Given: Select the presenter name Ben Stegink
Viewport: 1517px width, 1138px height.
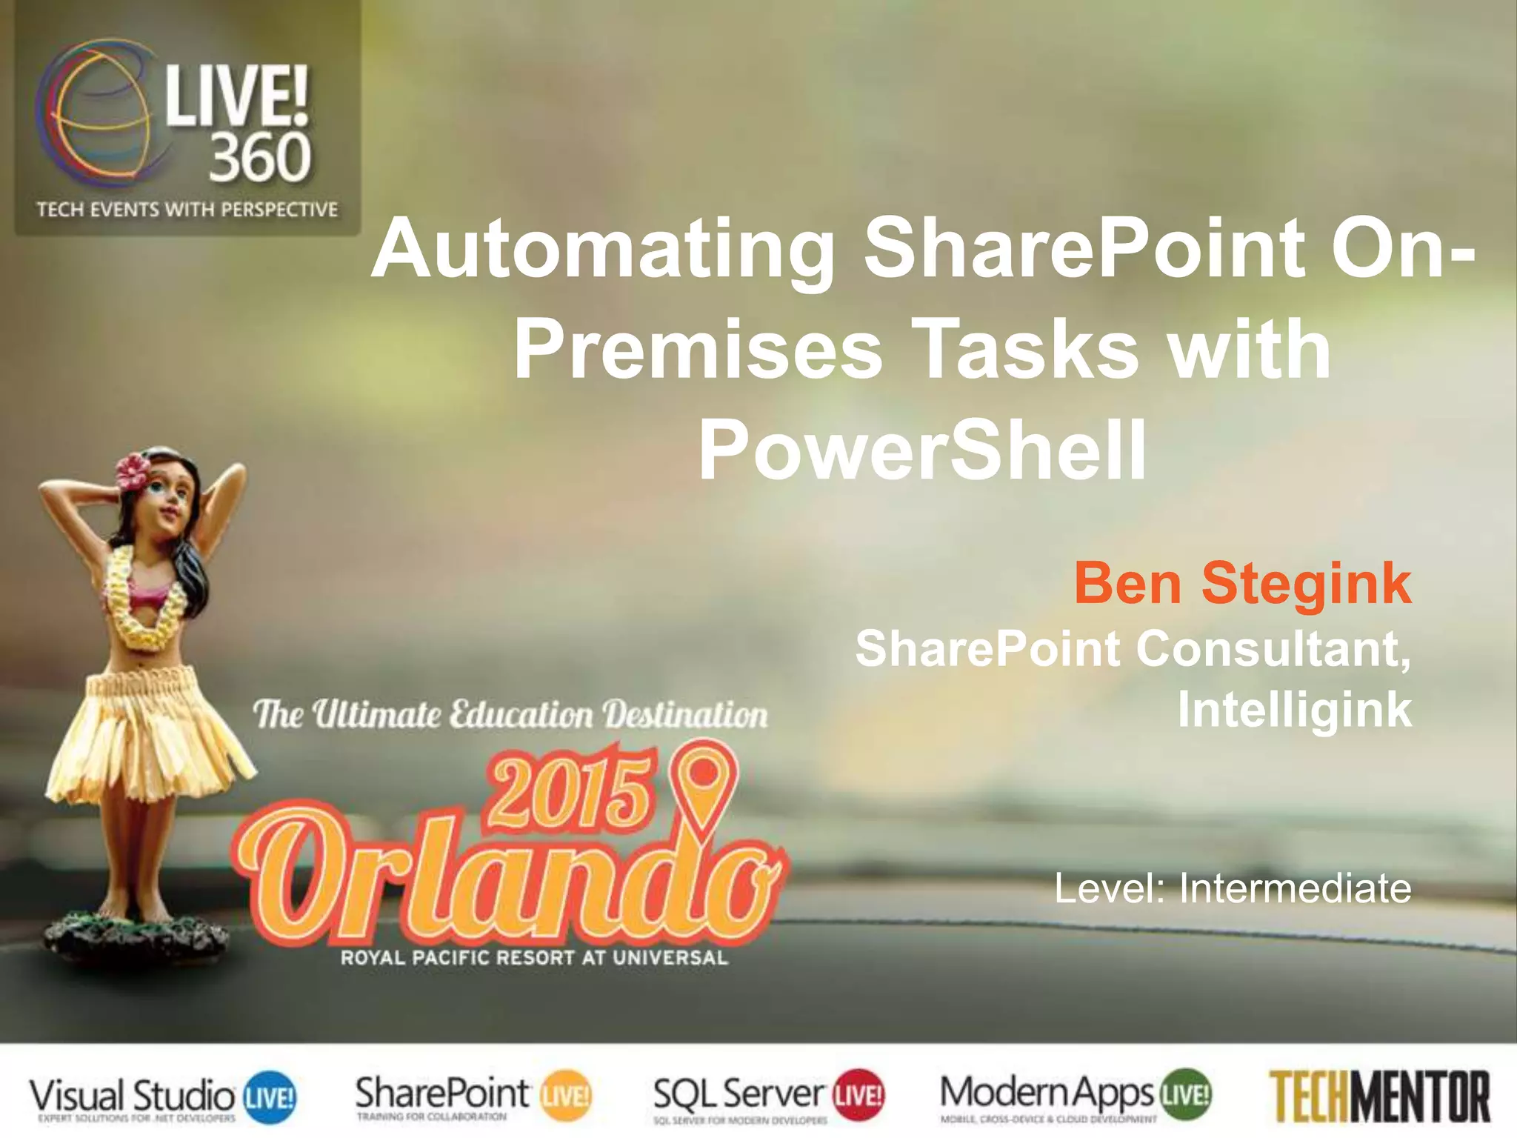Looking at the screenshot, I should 1242,584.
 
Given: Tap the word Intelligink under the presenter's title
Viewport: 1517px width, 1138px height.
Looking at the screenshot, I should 1294,709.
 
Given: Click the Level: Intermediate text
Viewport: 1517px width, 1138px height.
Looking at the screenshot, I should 1232,888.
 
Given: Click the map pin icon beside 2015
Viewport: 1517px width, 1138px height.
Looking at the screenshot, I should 704,785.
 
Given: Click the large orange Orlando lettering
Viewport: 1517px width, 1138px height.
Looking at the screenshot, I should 504,882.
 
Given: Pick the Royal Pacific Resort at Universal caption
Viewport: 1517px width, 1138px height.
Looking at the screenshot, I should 534,957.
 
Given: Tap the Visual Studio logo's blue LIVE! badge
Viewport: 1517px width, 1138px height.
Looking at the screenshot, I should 270,1095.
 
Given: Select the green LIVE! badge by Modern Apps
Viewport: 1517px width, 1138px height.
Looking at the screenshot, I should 1187,1094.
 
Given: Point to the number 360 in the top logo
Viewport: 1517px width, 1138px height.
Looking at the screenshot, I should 259,158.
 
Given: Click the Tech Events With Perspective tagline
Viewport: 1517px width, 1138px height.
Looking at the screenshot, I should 187,210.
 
